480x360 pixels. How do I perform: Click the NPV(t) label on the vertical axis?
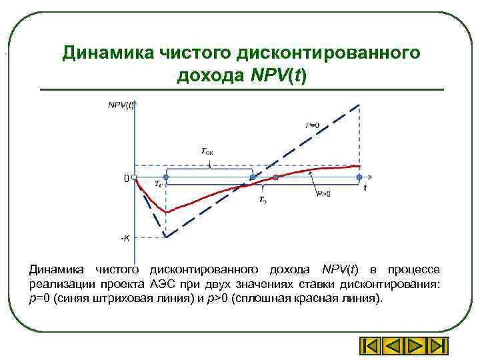tap(121, 105)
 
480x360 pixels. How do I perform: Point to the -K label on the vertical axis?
tap(125, 237)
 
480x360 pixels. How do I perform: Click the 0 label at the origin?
tap(125, 179)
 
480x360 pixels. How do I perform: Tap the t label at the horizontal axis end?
tap(365, 188)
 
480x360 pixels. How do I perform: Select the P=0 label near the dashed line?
tap(312, 125)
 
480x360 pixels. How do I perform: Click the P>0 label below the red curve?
tap(323, 194)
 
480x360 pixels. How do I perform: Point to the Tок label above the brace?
tap(207, 152)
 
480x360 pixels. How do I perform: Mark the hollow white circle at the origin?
tap(134, 178)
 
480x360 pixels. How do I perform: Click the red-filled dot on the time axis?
tap(275, 178)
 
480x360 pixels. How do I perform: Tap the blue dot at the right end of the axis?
tap(359, 177)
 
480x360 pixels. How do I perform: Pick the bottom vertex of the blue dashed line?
tap(165, 238)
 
